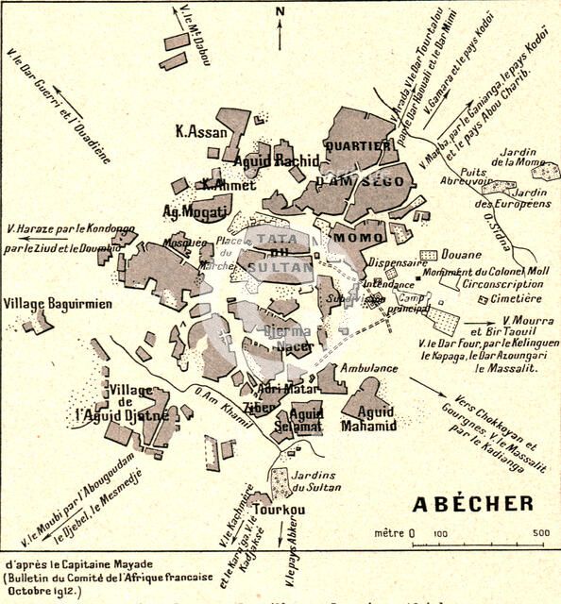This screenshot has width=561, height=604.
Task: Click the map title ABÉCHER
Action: click(472, 503)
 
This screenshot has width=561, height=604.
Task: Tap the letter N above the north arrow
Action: click(280, 11)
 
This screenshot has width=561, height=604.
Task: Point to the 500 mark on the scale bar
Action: click(541, 533)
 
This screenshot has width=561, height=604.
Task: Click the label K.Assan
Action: click(202, 132)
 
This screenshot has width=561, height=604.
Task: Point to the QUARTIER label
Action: click(356, 146)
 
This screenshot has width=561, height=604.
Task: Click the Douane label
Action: click(462, 256)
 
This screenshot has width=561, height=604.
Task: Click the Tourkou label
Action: click(282, 509)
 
